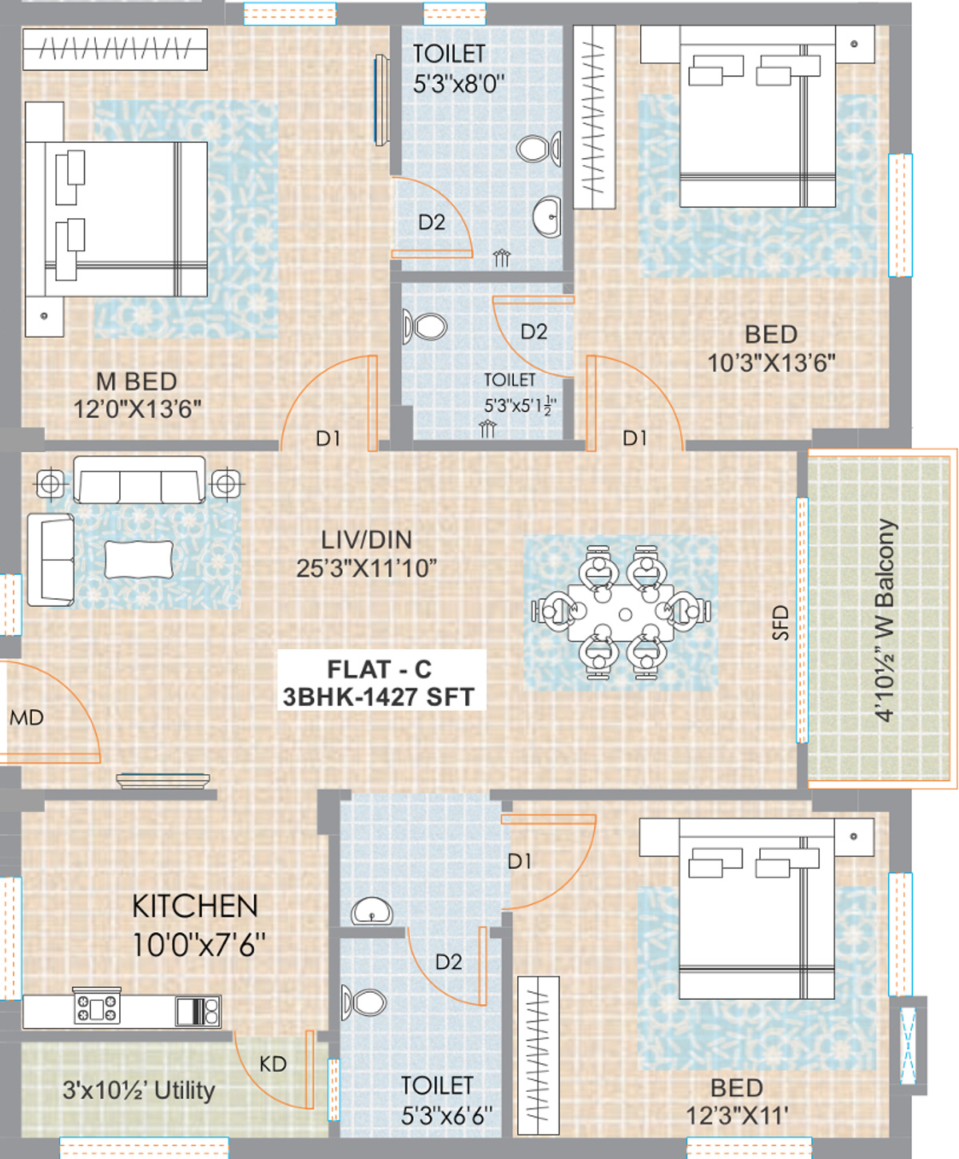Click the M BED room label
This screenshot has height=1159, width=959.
pos(137,381)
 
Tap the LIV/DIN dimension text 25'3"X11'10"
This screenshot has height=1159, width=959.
pos(367,569)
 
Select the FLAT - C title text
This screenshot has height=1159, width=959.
pos(380,669)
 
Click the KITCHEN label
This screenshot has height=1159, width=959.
pos(195,907)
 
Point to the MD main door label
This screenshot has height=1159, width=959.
pos(26,718)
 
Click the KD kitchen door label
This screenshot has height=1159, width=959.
pos(273,1064)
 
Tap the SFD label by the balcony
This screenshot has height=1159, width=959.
pos(780,623)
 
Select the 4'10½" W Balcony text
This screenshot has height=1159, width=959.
pos(885,620)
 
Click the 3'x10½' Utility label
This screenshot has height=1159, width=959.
pos(139,1090)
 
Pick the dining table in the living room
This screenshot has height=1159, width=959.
pos(621,613)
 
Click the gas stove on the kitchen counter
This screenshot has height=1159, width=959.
pos(97,1006)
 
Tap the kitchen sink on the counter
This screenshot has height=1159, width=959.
pos(198,1010)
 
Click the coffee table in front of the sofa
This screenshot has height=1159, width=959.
pos(138,559)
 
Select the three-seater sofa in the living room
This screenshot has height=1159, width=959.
pos(139,479)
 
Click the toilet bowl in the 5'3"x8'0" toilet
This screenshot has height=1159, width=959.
pos(538,149)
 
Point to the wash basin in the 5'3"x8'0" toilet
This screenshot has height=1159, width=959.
pos(547,217)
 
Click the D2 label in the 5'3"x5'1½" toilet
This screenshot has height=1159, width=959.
pos(534,332)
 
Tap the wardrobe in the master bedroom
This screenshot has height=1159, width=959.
pos(115,50)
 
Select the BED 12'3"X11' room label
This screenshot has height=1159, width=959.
pos(737,1101)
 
